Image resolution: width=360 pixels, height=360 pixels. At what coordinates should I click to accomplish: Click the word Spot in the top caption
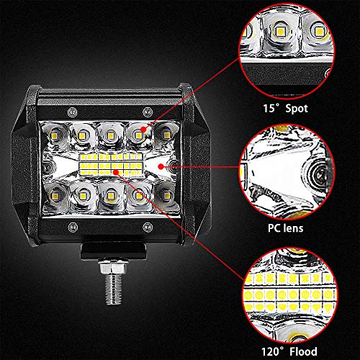(x=297, y=109)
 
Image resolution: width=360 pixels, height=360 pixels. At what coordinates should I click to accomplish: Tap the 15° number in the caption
(x=272, y=108)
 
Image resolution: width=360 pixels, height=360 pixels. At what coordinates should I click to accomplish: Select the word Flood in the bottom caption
(x=303, y=351)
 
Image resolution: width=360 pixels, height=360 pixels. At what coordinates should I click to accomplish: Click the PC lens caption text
(x=286, y=228)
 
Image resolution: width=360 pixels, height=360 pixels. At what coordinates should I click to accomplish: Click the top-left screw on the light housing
(x=72, y=112)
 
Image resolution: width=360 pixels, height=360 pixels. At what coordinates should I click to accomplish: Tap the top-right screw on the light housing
(x=147, y=112)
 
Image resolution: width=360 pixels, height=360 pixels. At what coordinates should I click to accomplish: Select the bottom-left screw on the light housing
(x=73, y=227)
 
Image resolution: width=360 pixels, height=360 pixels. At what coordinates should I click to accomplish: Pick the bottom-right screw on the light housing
(x=148, y=227)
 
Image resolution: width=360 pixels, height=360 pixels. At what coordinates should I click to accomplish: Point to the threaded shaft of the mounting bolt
(x=114, y=289)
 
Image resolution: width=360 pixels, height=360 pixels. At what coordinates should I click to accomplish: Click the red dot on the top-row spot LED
(x=143, y=130)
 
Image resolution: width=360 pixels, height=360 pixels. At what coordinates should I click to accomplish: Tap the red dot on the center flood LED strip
(x=116, y=172)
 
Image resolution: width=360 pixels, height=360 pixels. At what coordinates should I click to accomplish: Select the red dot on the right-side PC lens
(x=161, y=166)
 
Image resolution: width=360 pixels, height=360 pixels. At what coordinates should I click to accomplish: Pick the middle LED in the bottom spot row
(x=110, y=196)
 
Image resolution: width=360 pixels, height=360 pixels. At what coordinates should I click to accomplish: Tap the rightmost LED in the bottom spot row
(x=166, y=194)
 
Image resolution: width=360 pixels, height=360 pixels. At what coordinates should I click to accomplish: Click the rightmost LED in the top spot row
(x=166, y=135)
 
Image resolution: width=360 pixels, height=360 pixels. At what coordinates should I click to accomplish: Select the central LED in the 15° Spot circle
(x=279, y=31)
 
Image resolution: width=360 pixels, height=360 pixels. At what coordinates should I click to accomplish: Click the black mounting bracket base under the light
(x=113, y=251)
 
